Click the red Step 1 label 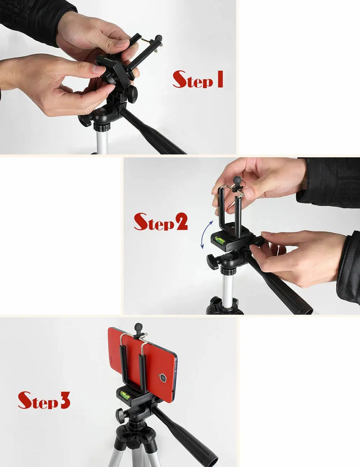198,80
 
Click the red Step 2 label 161,222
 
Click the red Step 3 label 44,400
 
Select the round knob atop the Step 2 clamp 238,180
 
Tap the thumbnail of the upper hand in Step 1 122,44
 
